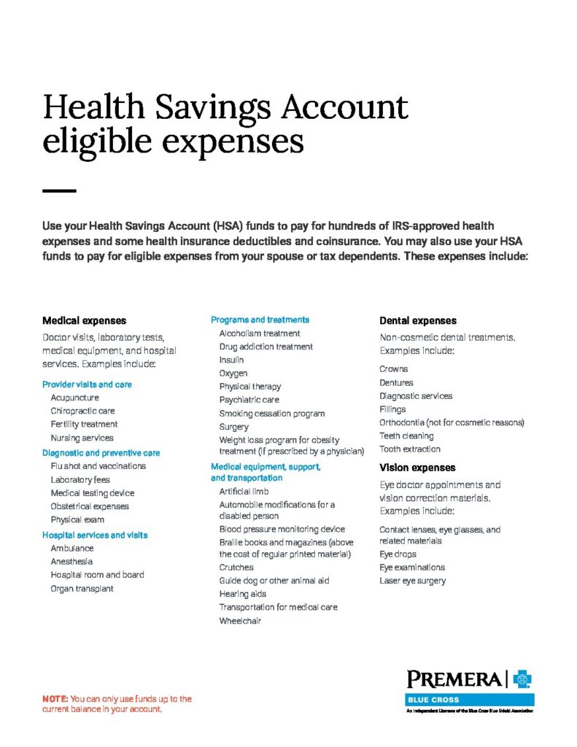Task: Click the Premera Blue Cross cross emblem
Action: [522, 680]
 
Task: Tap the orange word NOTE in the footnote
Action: [55, 699]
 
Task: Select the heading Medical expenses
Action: [84, 320]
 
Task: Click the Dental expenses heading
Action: [418, 320]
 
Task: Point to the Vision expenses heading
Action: [417, 468]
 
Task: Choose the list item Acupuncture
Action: [74, 398]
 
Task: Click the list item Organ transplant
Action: [82, 589]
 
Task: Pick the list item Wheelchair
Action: [240, 621]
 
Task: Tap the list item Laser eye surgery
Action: [412, 581]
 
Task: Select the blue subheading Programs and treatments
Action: [260, 320]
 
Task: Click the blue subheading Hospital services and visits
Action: [95, 535]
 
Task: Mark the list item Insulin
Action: [231, 360]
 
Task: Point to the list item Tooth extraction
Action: [410, 449]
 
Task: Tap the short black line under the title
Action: [59, 191]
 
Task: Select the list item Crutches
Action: [236, 567]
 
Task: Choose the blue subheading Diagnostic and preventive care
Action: [101, 452]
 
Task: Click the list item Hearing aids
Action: [242, 594]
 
